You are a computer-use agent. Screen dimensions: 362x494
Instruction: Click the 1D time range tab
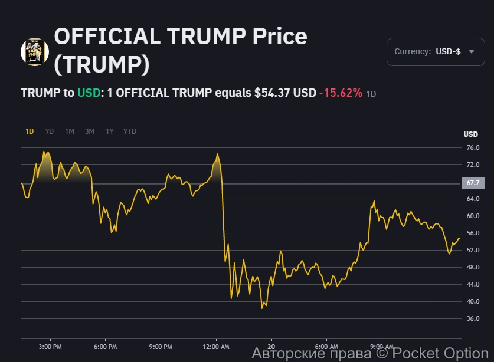tap(30, 131)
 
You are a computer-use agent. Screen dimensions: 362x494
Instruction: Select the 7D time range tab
tap(50, 131)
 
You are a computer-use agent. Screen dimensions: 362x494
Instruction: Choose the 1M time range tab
tap(70, 131)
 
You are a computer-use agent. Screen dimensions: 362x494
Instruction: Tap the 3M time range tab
tap(90, 131)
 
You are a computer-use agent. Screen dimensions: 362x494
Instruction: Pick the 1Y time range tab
tap(110, 131)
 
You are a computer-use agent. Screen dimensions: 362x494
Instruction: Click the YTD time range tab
tap(130, 131)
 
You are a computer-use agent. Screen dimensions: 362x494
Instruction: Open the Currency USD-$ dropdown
tap(435, 52)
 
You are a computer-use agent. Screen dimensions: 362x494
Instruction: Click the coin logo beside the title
tap(35, 52)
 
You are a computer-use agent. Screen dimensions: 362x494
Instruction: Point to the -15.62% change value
tap(341, 93)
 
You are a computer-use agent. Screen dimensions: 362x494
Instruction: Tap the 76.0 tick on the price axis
tap(473, 147)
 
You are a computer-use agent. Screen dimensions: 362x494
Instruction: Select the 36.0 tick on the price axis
tap(473, 318)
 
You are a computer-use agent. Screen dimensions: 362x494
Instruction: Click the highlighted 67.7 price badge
tap(473, 183)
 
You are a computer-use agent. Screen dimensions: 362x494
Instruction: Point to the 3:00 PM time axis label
tap(49, 346)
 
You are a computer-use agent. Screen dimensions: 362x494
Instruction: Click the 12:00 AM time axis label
tap(216, 346)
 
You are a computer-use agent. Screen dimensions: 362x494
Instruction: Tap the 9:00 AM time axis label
tap(382, 346)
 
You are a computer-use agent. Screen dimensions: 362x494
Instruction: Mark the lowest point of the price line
tap(262, 308)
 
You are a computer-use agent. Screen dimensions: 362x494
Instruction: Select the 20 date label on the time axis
tap(271, 346)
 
